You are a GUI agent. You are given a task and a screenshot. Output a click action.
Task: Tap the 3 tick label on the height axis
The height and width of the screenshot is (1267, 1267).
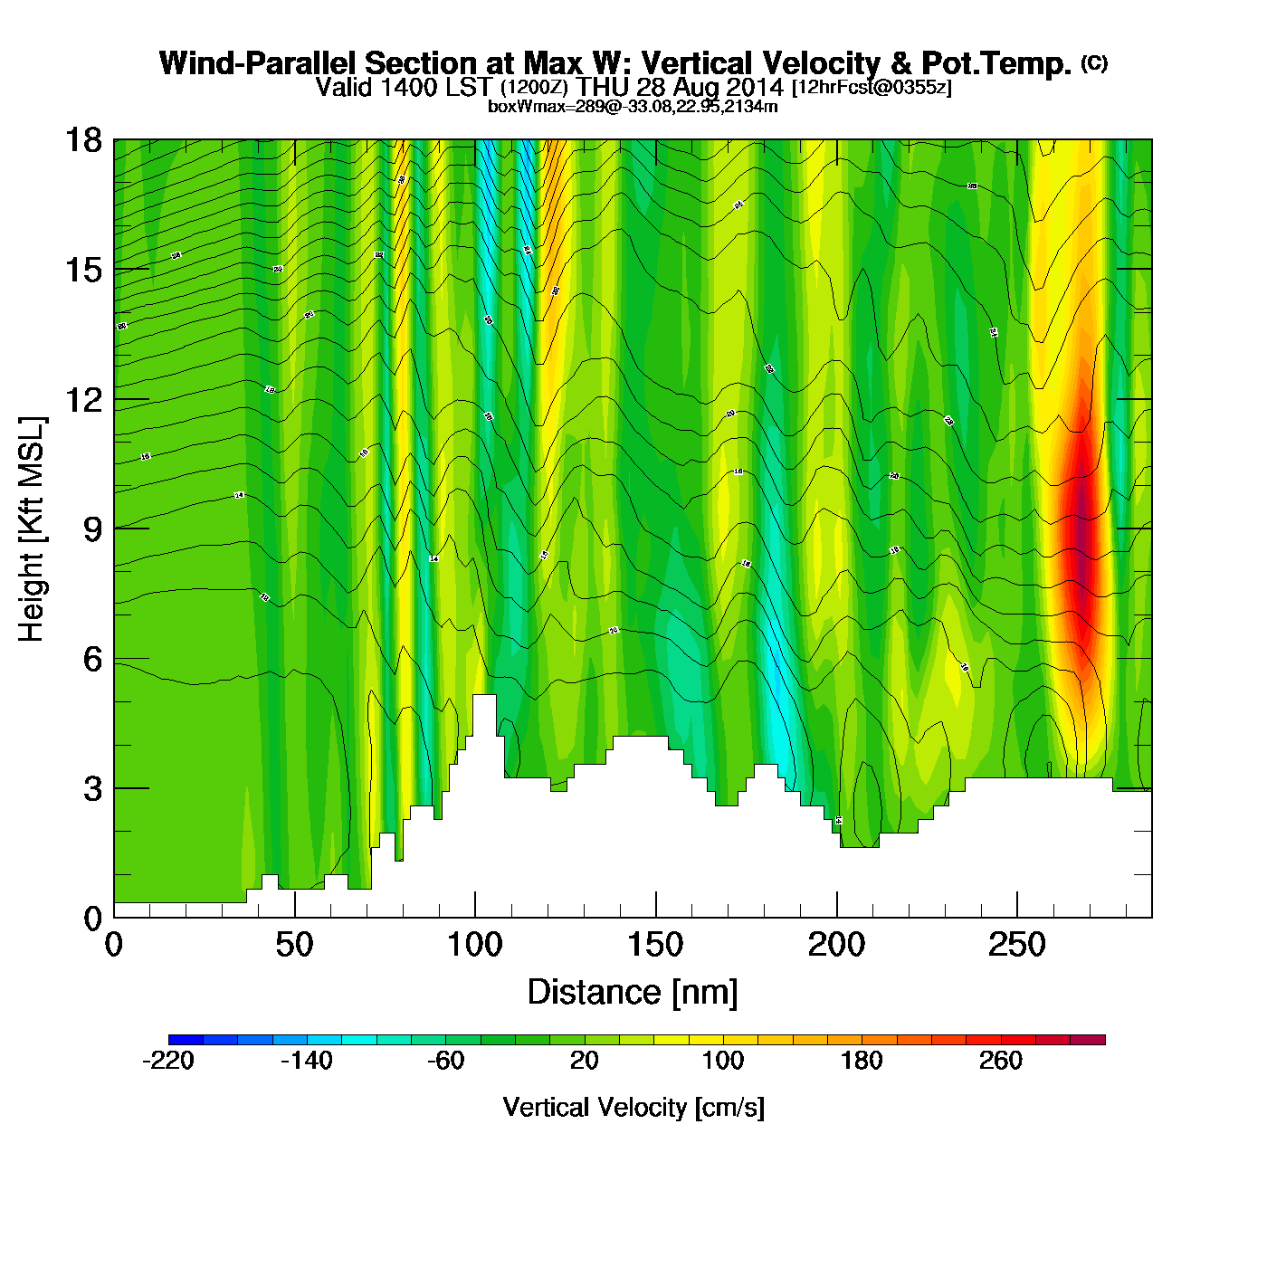(x=92, y=789)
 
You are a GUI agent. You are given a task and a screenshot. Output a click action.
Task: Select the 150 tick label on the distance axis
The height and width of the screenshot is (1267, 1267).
(x=655, y=946)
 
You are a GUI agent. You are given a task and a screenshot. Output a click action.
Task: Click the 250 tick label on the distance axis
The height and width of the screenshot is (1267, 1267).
(x=1017, y=946)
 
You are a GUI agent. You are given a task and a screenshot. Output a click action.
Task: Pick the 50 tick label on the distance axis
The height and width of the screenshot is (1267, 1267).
(x=294, y=946)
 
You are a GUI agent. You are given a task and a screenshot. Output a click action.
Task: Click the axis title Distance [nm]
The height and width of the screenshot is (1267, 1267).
(x=633, y=993)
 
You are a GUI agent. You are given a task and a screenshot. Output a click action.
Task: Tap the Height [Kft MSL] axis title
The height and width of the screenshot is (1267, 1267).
(x=32, y=529)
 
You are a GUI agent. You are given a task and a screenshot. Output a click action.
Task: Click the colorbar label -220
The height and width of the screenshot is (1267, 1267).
(x=168, y=1061)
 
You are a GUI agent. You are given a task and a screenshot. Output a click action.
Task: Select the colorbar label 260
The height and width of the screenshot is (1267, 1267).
(x=1001, y=1061)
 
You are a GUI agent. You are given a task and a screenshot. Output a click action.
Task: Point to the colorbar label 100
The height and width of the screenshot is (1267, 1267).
(x=723, y=1061)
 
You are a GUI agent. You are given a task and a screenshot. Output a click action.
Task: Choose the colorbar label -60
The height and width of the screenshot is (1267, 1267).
(x=445, y=1061)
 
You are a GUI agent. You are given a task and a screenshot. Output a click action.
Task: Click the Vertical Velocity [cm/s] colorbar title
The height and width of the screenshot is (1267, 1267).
(x=633, y=1108)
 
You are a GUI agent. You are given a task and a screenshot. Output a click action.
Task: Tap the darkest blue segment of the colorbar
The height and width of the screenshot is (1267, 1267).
(x=186, y=1040)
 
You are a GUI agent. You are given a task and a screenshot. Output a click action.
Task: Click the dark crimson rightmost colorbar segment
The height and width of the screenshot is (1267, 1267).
(x=1088, y=1040)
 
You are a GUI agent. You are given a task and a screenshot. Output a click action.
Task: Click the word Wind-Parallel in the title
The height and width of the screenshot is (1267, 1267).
(x=258, y=63)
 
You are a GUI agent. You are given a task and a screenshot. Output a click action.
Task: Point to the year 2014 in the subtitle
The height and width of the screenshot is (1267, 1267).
(x=754, y=88)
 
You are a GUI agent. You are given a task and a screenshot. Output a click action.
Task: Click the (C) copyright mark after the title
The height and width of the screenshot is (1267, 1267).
(x=1094, y=62)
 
